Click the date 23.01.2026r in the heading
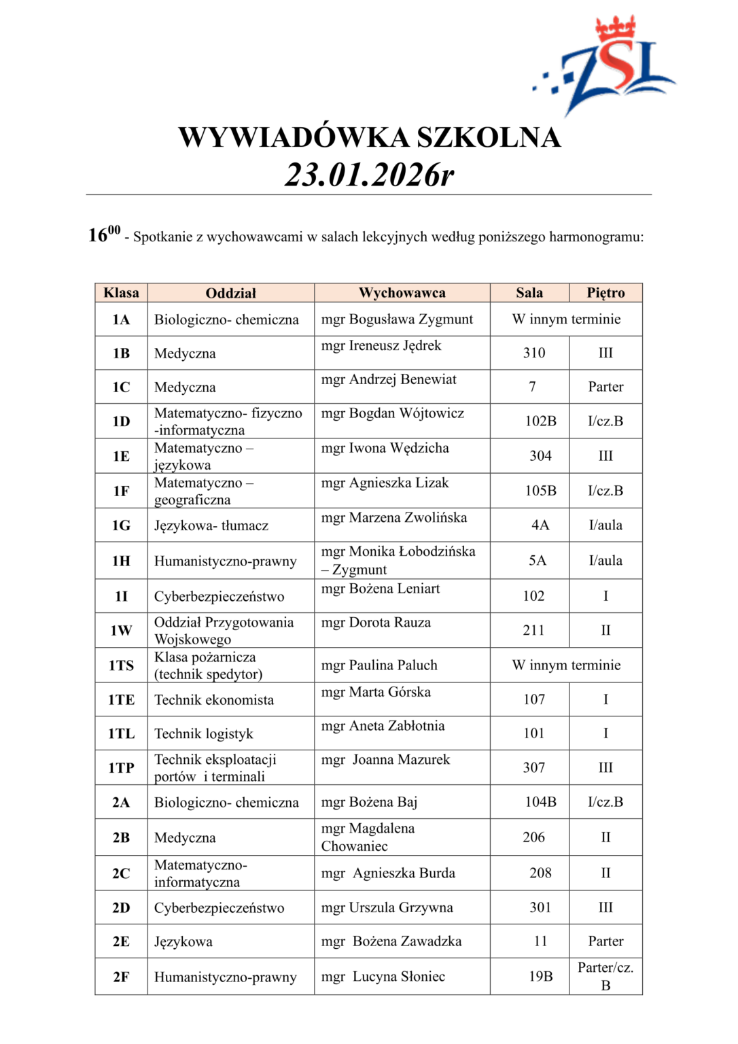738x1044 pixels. pos(369,175)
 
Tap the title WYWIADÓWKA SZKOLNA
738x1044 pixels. pos(369,137)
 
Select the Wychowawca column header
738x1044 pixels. pos(402,293)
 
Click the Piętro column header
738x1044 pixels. pos(605,293)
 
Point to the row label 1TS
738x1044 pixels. pos(121,665)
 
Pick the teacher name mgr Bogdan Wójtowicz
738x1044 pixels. pos(393,413)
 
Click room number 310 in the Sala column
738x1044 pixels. pos(534,353)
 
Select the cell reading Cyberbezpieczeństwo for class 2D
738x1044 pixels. pos(219,908)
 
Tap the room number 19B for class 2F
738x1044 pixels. pos(541,977)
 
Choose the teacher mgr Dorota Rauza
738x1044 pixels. pos(376,623)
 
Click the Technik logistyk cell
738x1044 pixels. pos(204,734)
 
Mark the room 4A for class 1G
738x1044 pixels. pos(540,525)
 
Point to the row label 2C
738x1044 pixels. pos(121,873)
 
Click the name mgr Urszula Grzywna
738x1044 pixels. pos(387,908)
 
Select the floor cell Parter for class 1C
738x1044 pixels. pos(605,387)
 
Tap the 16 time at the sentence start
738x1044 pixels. pos(99,235)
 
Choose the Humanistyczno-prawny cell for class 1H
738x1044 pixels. pos(226,561)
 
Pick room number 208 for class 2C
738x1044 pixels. pos(541,873)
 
